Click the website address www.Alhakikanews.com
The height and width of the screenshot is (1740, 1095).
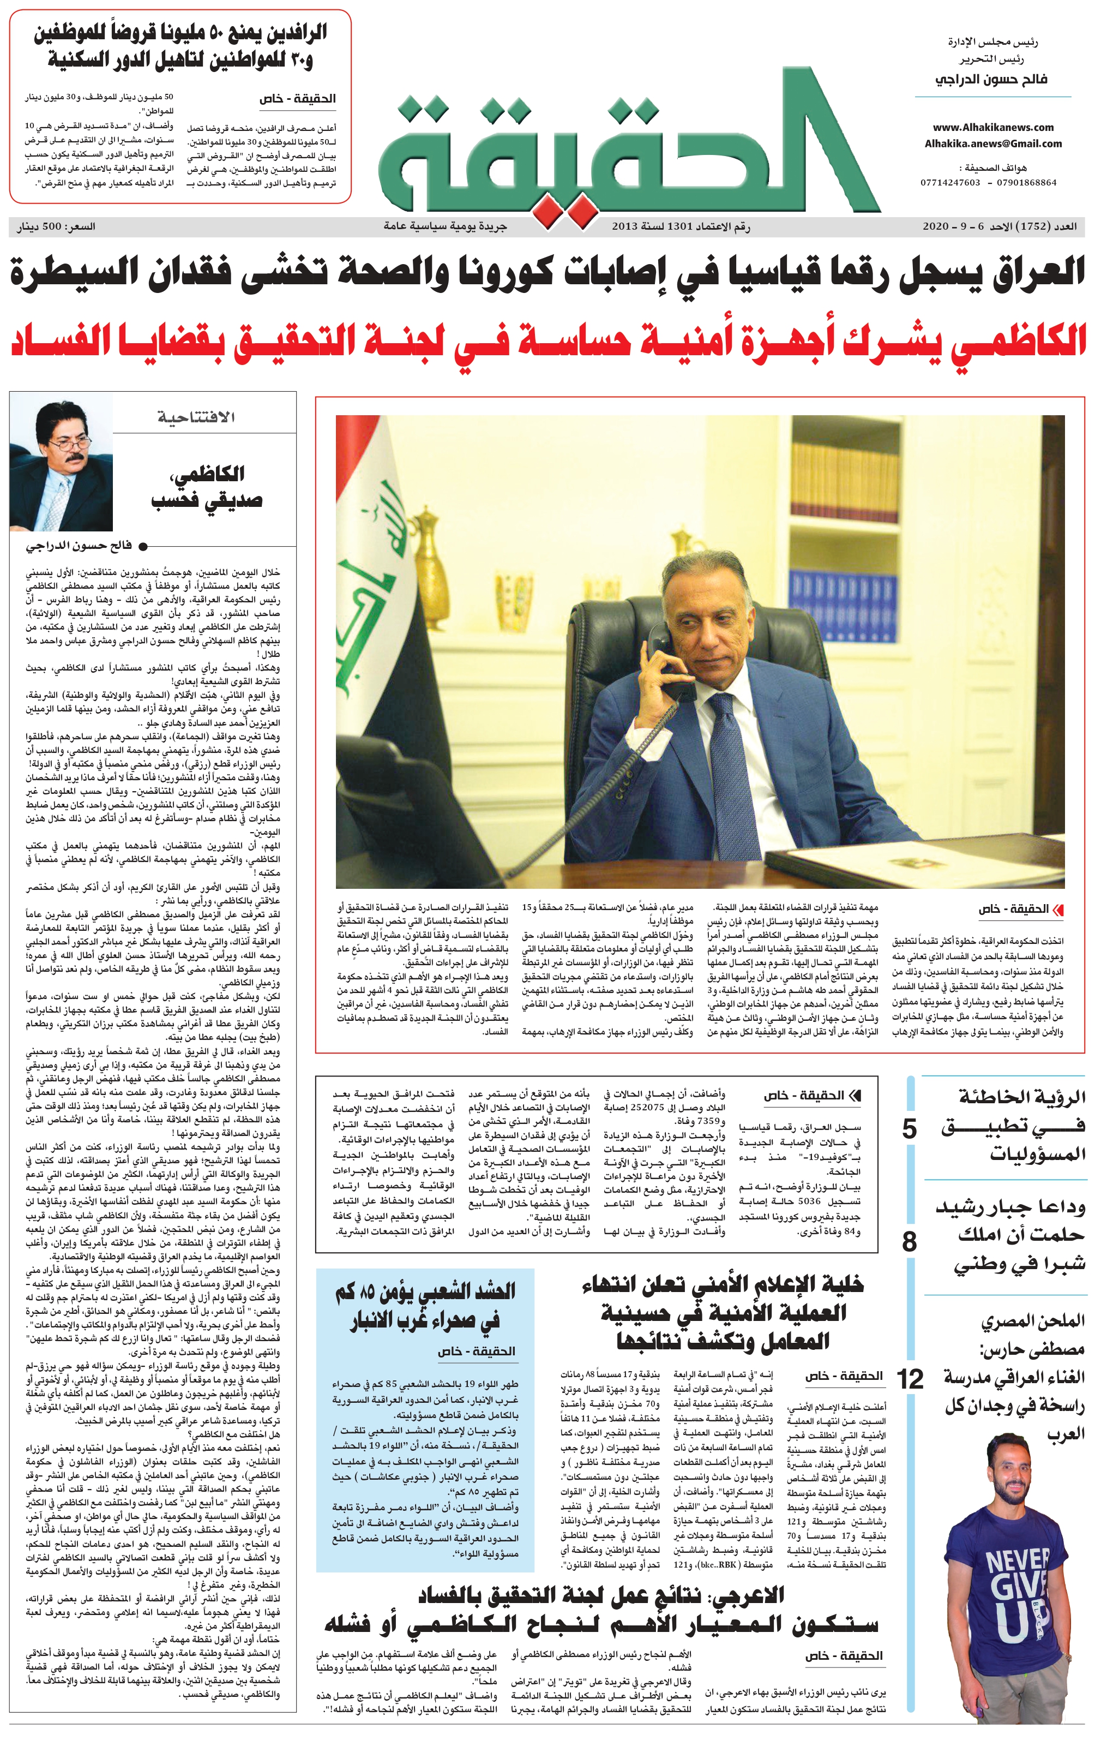point(992,127)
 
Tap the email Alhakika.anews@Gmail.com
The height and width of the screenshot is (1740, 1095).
point(992,144)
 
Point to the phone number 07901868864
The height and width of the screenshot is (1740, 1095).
point(1026,183)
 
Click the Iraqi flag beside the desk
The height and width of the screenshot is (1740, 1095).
point(376,578)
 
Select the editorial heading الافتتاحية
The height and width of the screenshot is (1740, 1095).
point(196,417)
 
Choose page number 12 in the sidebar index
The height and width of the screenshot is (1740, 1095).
point(910,1379)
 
